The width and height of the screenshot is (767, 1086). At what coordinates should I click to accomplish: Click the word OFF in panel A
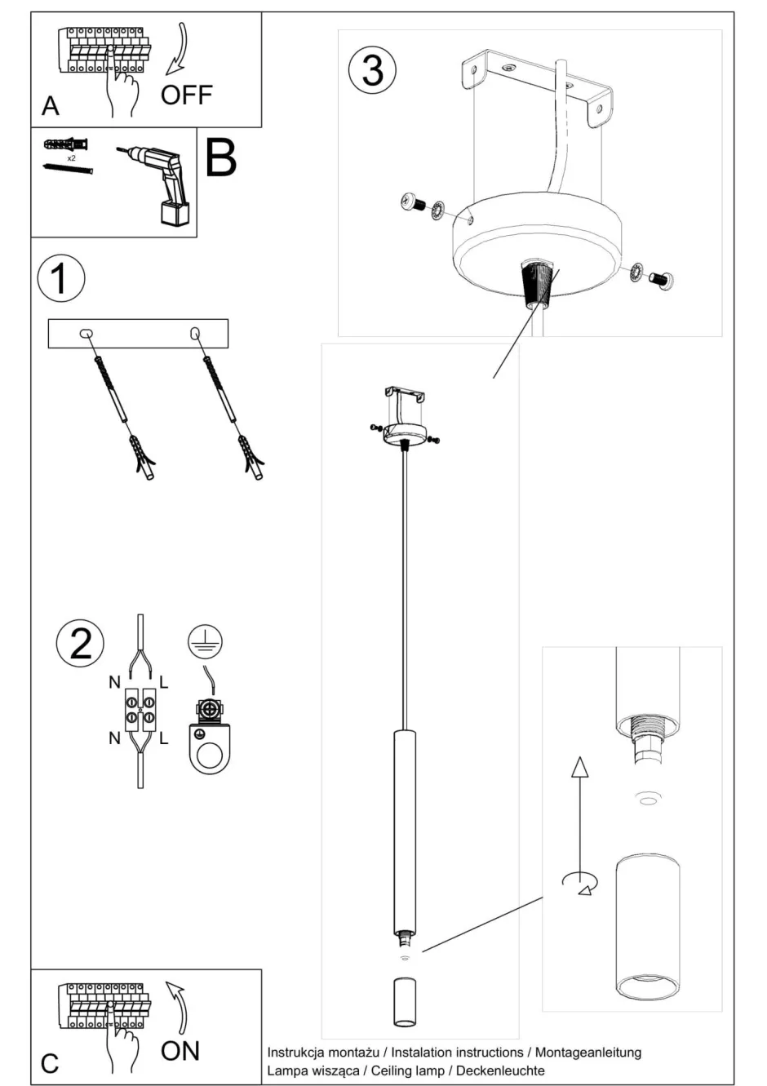tap(187, 95)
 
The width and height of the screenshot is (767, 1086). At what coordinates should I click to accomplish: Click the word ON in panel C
tap(180, 1051)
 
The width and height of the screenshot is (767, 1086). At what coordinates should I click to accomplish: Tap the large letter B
tap(220, 157)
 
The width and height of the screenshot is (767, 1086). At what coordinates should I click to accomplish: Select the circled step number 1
tap(61, 278)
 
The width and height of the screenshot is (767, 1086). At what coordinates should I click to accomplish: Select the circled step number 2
tap(81, 644)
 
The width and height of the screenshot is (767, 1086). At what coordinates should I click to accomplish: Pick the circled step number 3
tap(372, 71)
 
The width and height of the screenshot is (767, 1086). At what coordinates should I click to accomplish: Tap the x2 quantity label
tap(71, 158)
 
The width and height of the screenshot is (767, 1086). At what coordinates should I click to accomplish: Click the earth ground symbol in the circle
tap(205, 641)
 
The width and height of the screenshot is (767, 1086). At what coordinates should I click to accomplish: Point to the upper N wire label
tap(114, 682)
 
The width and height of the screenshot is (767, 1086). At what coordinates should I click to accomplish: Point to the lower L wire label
tap(164, 738)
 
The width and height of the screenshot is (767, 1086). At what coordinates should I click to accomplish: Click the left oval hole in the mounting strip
tap(86, 333)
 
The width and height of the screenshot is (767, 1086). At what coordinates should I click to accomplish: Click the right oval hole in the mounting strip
tap(195, 333)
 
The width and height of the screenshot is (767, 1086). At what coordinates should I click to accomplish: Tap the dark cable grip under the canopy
tap(538, 285)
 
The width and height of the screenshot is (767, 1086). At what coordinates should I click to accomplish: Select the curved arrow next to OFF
tap(177, 48)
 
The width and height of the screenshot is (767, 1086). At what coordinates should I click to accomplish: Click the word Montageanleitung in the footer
tap(588, 1052)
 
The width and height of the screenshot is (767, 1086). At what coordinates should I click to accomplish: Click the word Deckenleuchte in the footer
tap(501, 1070)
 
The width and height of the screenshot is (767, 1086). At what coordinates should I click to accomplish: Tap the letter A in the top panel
tap(51, 106)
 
